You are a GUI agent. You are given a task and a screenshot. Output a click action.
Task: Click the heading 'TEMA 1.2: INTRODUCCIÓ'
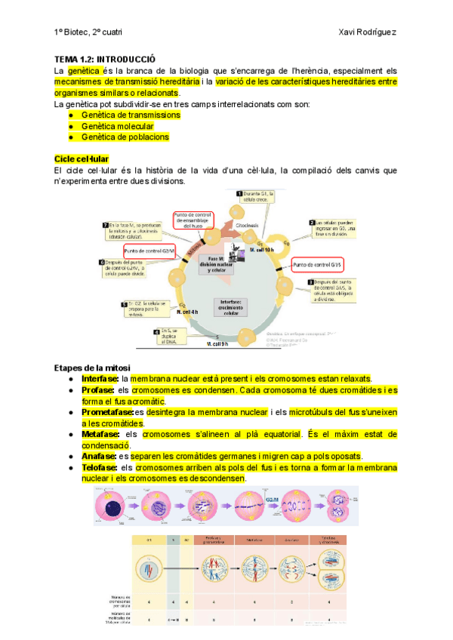[x=105, y=59]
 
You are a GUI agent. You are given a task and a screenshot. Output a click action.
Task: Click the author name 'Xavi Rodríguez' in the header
[x=368, y=32]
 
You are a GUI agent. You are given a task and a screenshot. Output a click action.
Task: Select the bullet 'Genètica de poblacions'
[x=125, y=137]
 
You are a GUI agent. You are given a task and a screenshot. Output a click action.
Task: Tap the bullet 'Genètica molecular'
[x=118, y=126]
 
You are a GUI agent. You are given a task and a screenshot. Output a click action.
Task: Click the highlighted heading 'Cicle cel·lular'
[x=82, y=159]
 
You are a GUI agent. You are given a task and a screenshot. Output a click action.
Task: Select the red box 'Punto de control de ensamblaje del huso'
[x=193, y=220]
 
